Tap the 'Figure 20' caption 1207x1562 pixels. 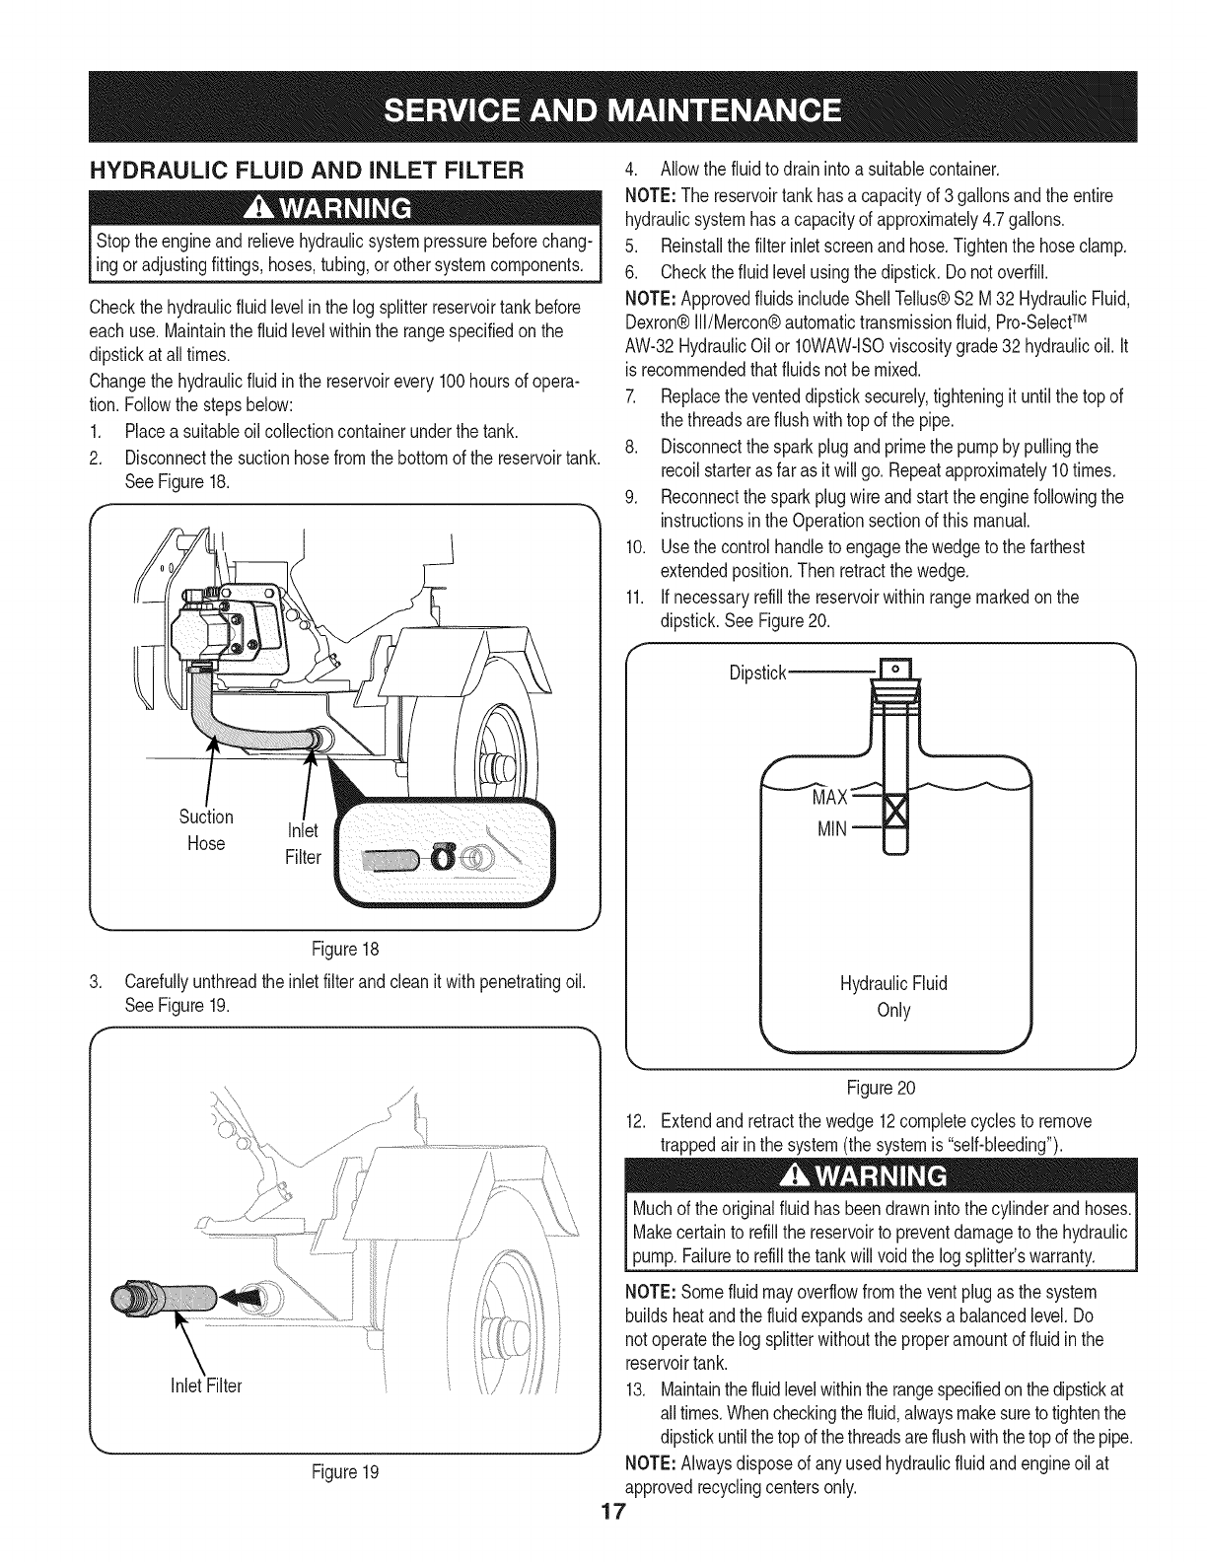click(881, 1088)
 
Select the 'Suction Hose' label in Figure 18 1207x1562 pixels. click(206, 829)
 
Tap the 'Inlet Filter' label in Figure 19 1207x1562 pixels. click(205, 1385)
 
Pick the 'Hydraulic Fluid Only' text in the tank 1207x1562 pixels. click(892, 996)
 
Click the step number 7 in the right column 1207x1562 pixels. click(634, 396)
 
